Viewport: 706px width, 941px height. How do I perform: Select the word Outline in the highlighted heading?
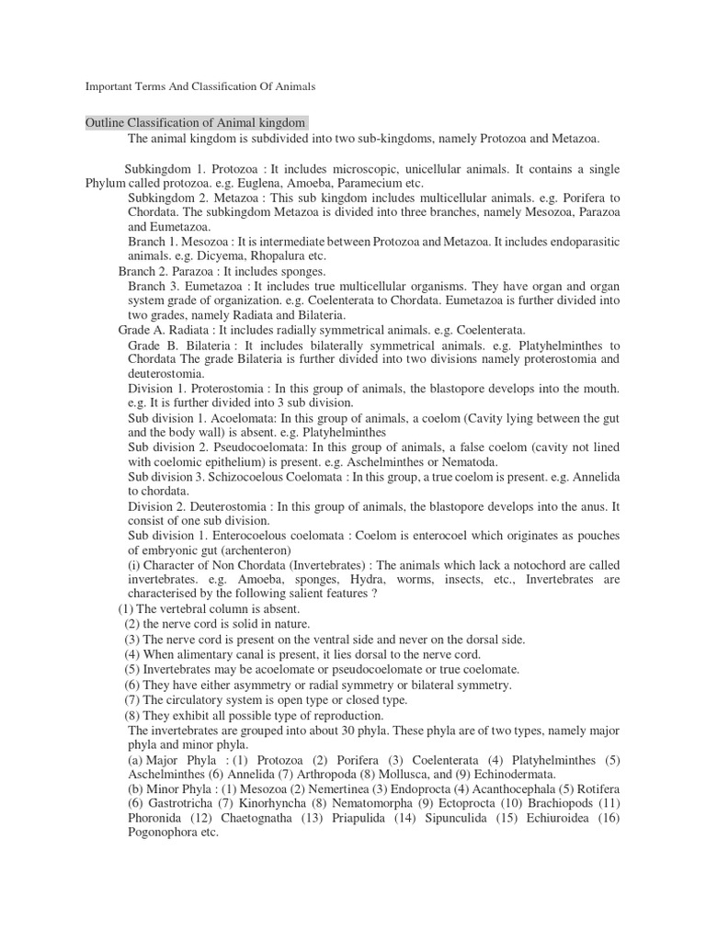point(104,123)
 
